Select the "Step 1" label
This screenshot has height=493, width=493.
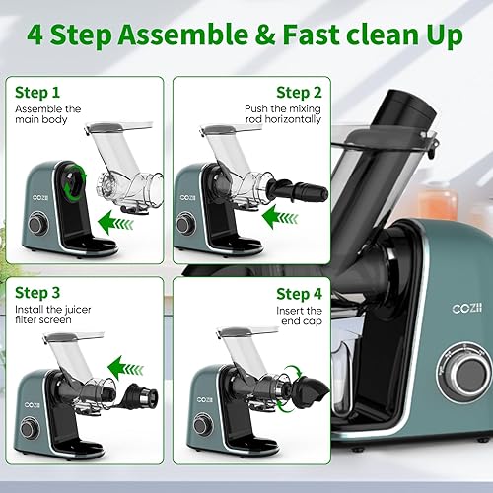[x=37, y=92]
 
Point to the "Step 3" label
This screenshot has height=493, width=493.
[x=37, y=293]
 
